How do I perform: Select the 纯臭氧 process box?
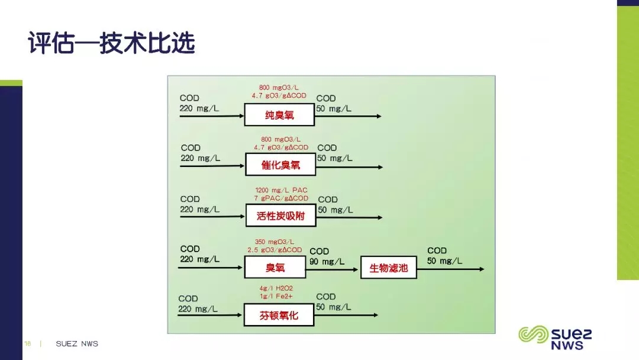pos(279,115)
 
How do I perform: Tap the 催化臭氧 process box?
pos(280,165)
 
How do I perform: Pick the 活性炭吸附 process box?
pos(280,216)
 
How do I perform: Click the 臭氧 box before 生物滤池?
pos(275,268)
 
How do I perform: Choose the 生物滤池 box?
pos(389,268)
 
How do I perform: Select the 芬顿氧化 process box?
pos(279,316)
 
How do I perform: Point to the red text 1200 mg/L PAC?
pos(281,190)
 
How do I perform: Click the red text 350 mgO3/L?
pos(275,242)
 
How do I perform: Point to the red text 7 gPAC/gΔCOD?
pos(281,198)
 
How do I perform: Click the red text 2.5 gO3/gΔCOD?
pos(275,250)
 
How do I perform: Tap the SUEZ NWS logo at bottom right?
pos(555,337)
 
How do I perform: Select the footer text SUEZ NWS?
pos(77,343)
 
